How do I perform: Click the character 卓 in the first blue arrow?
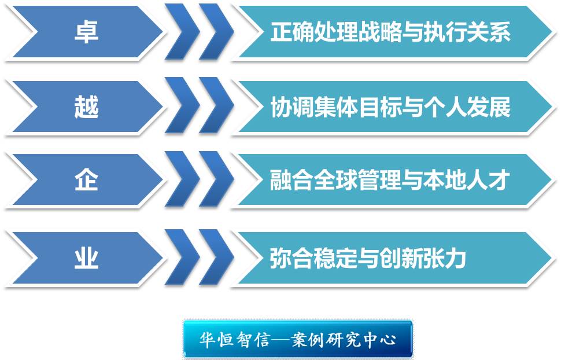[86, 31]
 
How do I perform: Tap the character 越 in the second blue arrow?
[86, 106]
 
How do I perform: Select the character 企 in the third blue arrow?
[86, 179]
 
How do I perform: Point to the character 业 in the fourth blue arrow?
[86, 258]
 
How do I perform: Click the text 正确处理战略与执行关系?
[390, 31]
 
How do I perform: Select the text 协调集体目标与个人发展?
[390, 106]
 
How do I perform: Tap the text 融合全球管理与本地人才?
[390, 179]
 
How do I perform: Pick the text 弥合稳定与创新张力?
[368, 258]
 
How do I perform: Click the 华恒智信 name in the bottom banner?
[234, 339]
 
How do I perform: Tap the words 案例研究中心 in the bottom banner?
[344, 339]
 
